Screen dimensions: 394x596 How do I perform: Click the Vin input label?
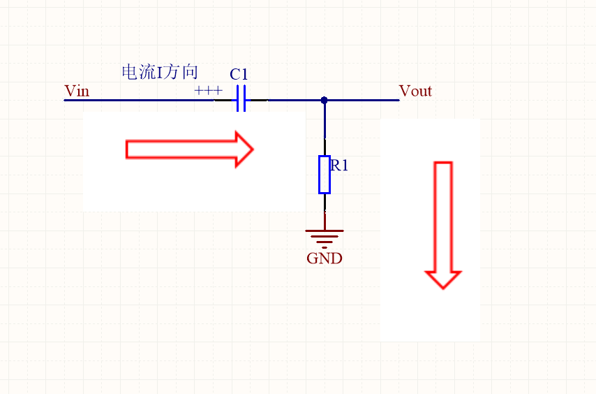76,91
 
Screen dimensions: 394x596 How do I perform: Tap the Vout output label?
415,91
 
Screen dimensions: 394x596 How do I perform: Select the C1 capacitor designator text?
239,74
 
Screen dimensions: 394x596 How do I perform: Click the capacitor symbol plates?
241,100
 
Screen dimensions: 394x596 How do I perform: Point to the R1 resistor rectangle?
324,174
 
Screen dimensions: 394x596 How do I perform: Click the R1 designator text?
340,166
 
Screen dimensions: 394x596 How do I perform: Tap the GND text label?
325,258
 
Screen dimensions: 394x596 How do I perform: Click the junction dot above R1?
324,100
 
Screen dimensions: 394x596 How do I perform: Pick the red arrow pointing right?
188,149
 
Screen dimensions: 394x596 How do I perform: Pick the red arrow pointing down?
443,224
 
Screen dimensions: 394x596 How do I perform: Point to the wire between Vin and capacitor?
140,100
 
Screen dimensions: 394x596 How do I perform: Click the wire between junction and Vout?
363,100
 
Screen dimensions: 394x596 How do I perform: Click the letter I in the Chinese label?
159,73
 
